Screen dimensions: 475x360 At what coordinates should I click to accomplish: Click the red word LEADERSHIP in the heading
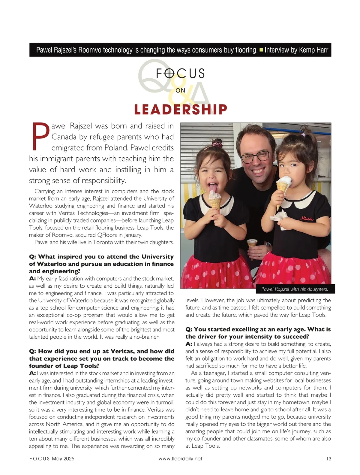coord(180,109)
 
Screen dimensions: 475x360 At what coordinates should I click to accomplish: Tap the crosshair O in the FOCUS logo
coord(169,73)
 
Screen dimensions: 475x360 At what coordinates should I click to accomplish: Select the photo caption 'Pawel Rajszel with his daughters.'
coord(295,289)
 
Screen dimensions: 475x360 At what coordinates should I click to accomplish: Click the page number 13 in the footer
coord(328,458)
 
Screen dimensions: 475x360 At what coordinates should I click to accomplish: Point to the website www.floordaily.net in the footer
coord(180,458)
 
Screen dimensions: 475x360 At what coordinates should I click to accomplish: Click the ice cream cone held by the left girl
coord(215,200)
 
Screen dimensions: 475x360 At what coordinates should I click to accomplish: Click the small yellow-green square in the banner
coord(261,50)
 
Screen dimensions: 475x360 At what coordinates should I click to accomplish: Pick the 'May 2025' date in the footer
coord(63,458)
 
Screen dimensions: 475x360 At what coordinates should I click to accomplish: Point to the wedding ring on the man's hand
coord(260,254)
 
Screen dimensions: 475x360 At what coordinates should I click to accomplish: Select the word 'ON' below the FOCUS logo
coord(180,90)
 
